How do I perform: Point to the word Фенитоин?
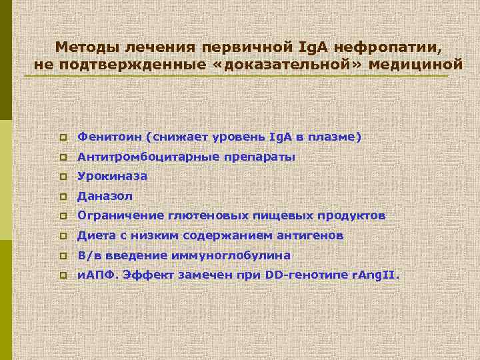tap(113, 137)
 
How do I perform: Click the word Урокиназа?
tap(112, 177)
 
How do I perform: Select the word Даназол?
tap(105, 196)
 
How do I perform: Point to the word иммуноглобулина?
tap(242, 255)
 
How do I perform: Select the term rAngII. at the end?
tap(375, 275)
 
